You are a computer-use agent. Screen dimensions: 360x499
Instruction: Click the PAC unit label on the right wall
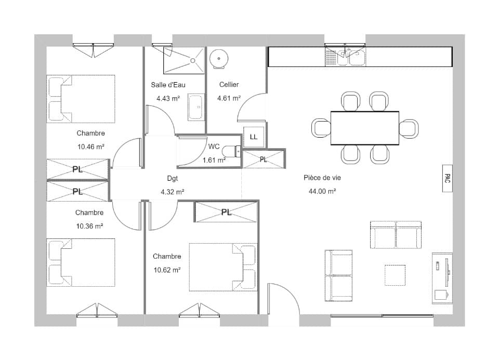pyautogui.click(x=447, y=179)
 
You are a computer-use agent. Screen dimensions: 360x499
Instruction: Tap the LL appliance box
pyautogui.click(x=254, y=137)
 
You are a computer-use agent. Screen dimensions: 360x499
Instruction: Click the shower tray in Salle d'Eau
pyautogui.click(x=183, y=60)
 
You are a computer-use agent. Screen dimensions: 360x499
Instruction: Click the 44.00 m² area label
pyautogui.click(x=322, y=191)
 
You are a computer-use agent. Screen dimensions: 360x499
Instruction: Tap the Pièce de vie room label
pyautogui.click(x=322, y=178)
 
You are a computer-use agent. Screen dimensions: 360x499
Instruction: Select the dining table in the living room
pyautogui.click(x=365, y=128)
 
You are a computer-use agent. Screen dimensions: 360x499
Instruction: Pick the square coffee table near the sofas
pyautogui.click(x=395, y=275)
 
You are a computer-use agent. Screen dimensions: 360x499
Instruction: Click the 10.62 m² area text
pyautogui.click(x=167, y=270)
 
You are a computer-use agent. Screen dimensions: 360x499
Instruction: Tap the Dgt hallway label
pyautogui.click(x=173, y=178)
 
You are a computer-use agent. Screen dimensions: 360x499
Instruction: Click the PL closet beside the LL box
pyautogui.click(x=264, y=159)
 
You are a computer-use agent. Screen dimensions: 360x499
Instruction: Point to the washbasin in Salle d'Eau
pyautogui.click(x=195, y=108)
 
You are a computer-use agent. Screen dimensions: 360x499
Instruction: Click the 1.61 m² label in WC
pyautogui.click(x=214, y=161)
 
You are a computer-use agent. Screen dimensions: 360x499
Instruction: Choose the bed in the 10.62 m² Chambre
pyautogui.click(x=223, y=267)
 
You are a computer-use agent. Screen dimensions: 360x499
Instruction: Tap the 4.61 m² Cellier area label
pyautogui.click(x=229, y=98)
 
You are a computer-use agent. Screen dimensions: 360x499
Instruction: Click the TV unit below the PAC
pyautogui.click(x=442, y=278)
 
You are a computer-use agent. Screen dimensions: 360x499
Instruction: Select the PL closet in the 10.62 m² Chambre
pyautogui.click(x=226, y=212)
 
